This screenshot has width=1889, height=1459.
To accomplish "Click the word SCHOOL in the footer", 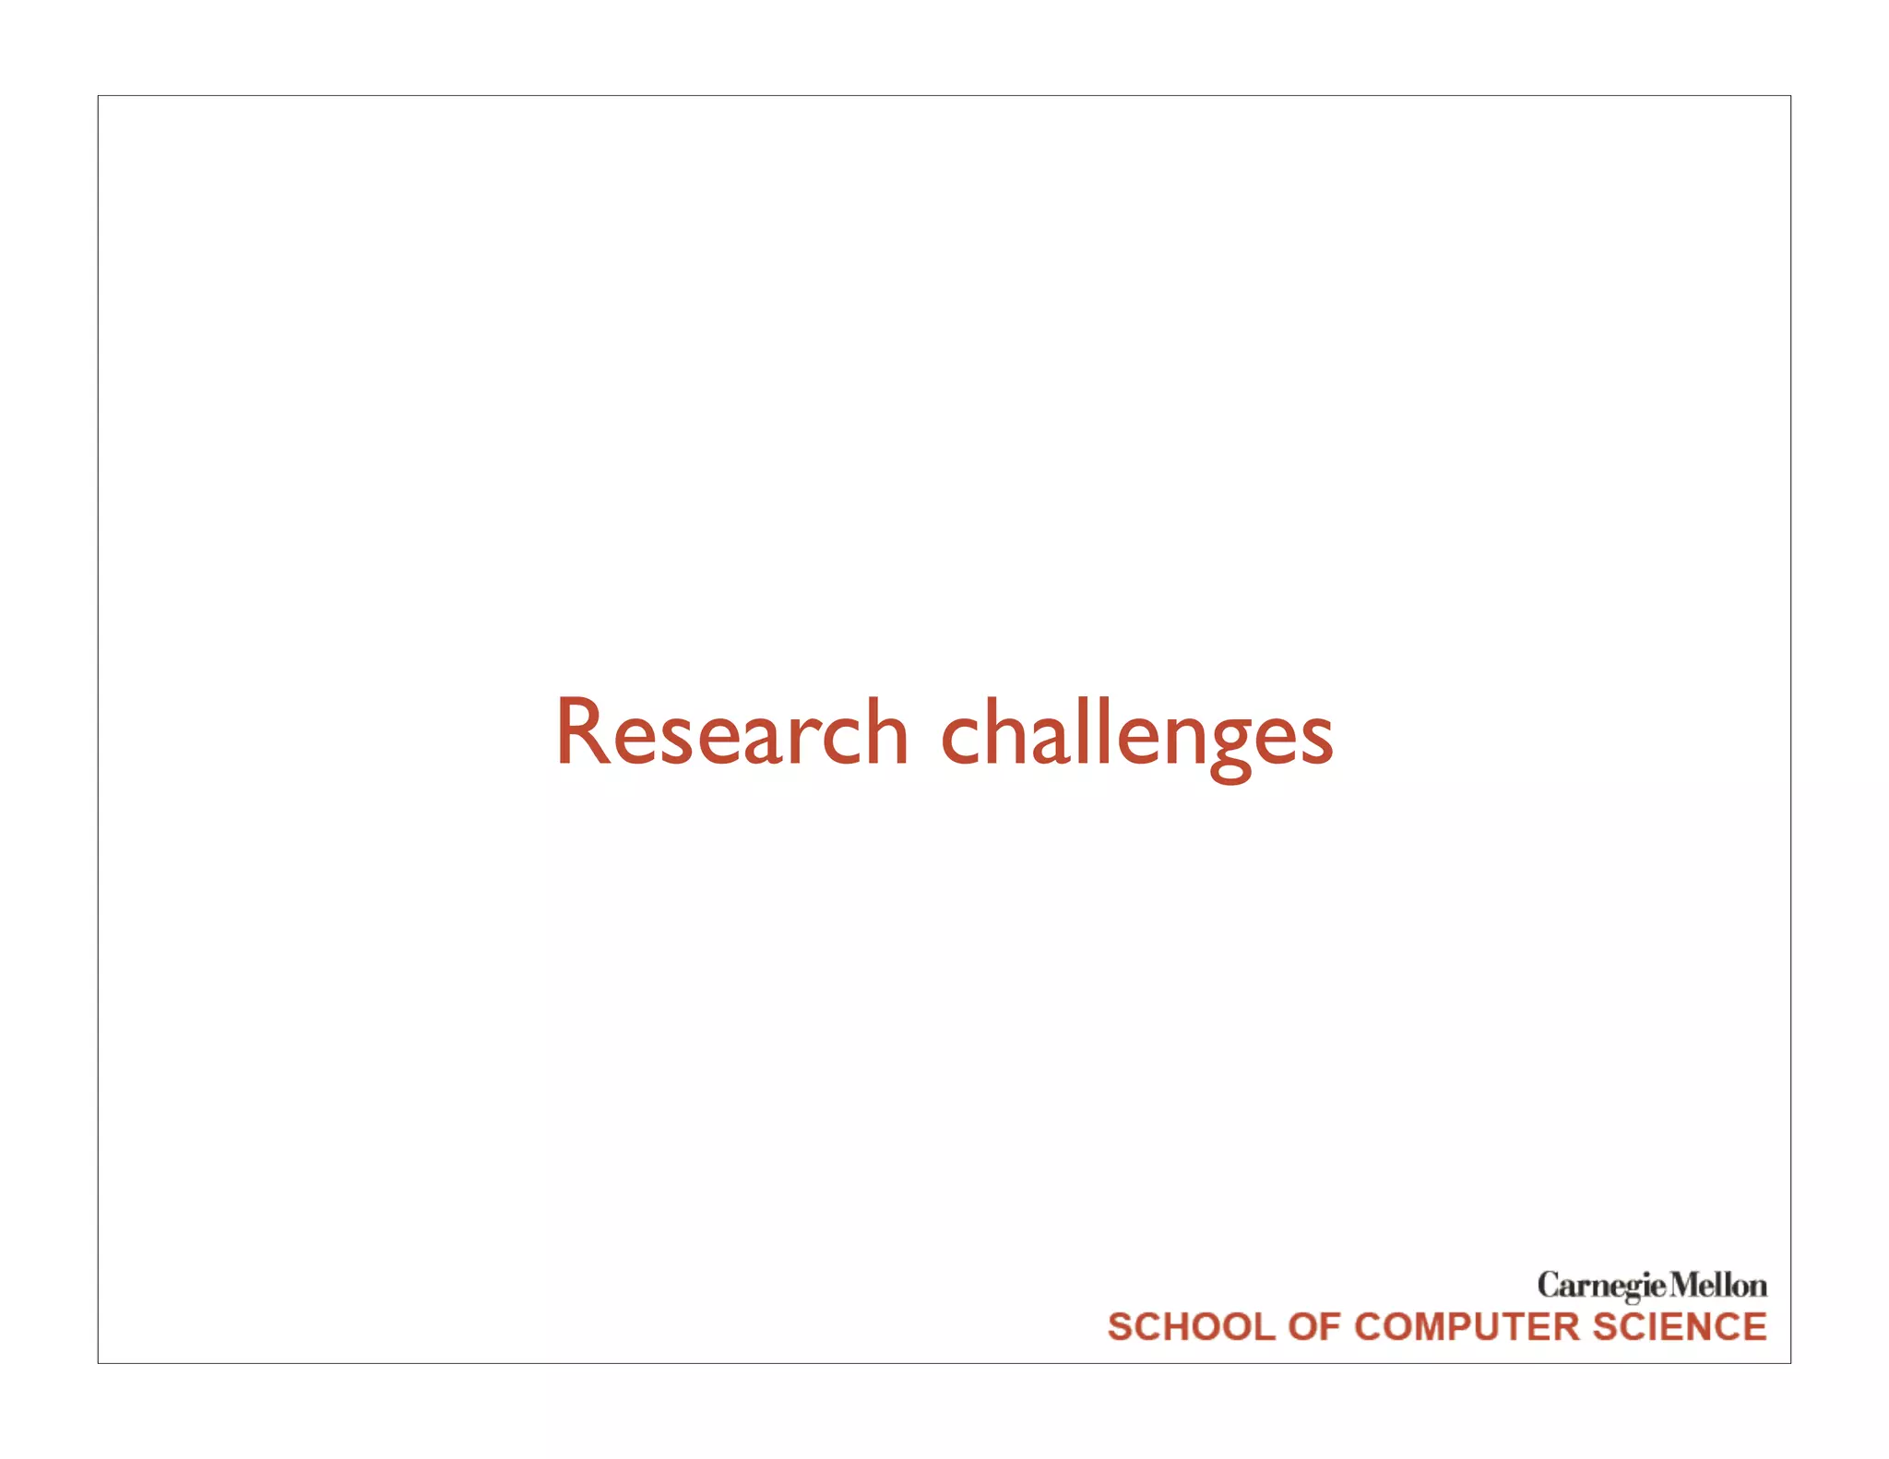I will (1191, 1327).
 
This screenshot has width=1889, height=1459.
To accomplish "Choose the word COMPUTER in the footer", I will (1467, 1327).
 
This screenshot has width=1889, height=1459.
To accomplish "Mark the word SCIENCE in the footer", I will (1680, 1327).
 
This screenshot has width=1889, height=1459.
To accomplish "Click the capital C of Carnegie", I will (1549, 1285).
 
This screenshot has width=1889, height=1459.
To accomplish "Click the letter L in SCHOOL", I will (1263, 1327).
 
